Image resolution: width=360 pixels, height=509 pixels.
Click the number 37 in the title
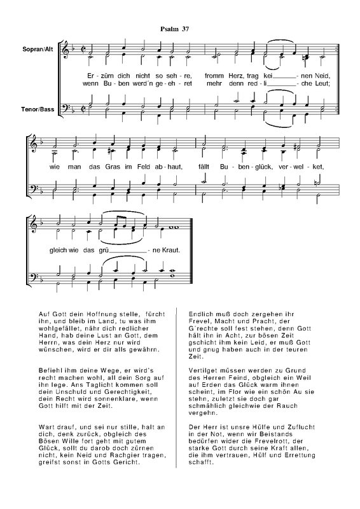[184, 28]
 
